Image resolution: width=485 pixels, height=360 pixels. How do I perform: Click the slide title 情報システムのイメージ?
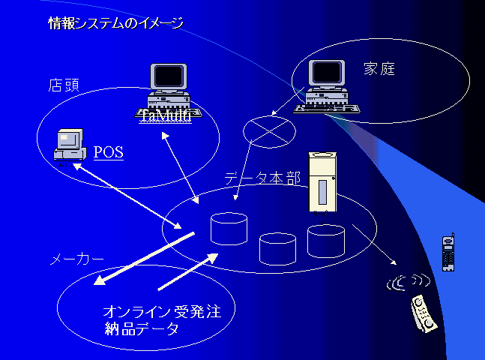115,23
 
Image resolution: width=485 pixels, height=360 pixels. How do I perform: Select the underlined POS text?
109,152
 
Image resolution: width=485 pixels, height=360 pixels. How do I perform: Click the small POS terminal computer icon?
68,145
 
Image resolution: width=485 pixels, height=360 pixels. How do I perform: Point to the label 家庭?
379,70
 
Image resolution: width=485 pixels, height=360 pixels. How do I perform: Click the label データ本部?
262,178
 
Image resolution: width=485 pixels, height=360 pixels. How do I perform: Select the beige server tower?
323,183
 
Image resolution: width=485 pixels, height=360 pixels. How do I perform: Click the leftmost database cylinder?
229,228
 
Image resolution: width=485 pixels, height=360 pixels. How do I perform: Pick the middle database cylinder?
277,247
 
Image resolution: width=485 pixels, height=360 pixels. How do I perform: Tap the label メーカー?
76,259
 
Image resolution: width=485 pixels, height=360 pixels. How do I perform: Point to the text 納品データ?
142,328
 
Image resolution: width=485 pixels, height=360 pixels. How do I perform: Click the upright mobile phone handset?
448,253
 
